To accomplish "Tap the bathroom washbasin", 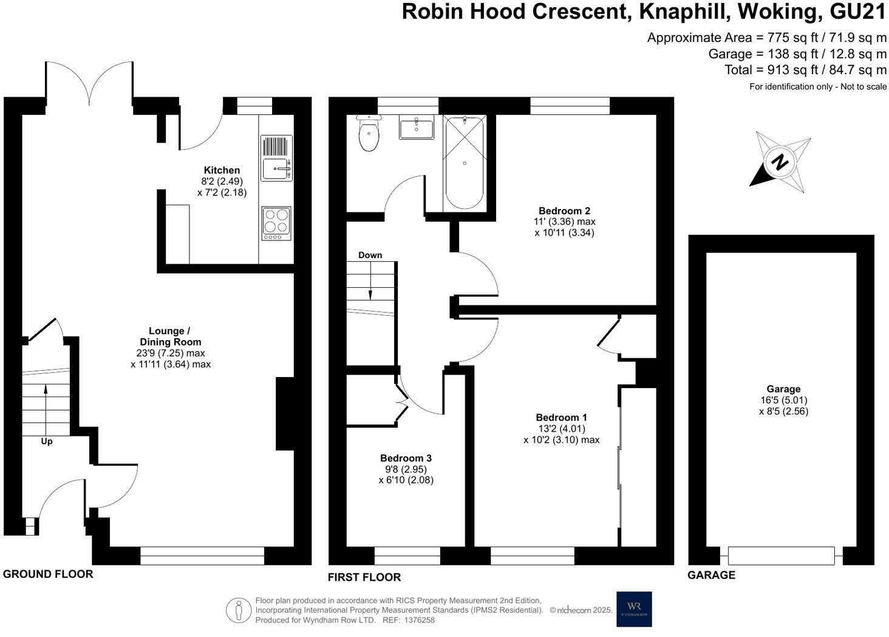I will tap(417, 129).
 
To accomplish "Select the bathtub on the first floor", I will tap(465, 163).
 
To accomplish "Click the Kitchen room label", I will tap(222, 170).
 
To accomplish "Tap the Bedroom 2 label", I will tap(564, 211).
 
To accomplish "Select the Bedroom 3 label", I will tap(406, 458).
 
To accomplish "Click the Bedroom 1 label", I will tap(561, 417).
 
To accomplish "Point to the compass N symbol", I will tap(780, 162).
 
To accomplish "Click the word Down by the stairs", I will tap(370, 255).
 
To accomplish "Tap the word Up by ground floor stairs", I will tap(47, 441).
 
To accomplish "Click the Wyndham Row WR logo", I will tap(634, 608).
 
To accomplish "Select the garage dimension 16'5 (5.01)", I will tap(783, 400).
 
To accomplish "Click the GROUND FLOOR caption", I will tap(48, 574).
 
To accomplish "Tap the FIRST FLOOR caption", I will tap(364, 577).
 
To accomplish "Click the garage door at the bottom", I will tap(781, 555).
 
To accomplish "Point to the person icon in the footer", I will tap(239, 610).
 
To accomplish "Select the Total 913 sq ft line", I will tap(805, 70).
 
